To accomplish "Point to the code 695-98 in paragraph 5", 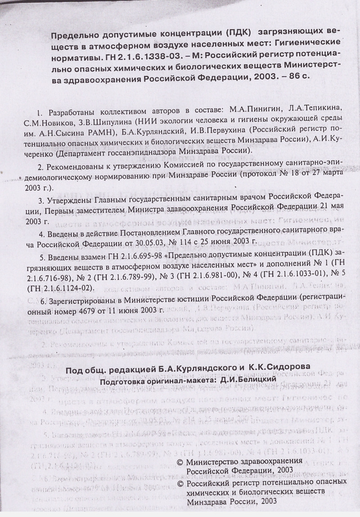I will [139, 256].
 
